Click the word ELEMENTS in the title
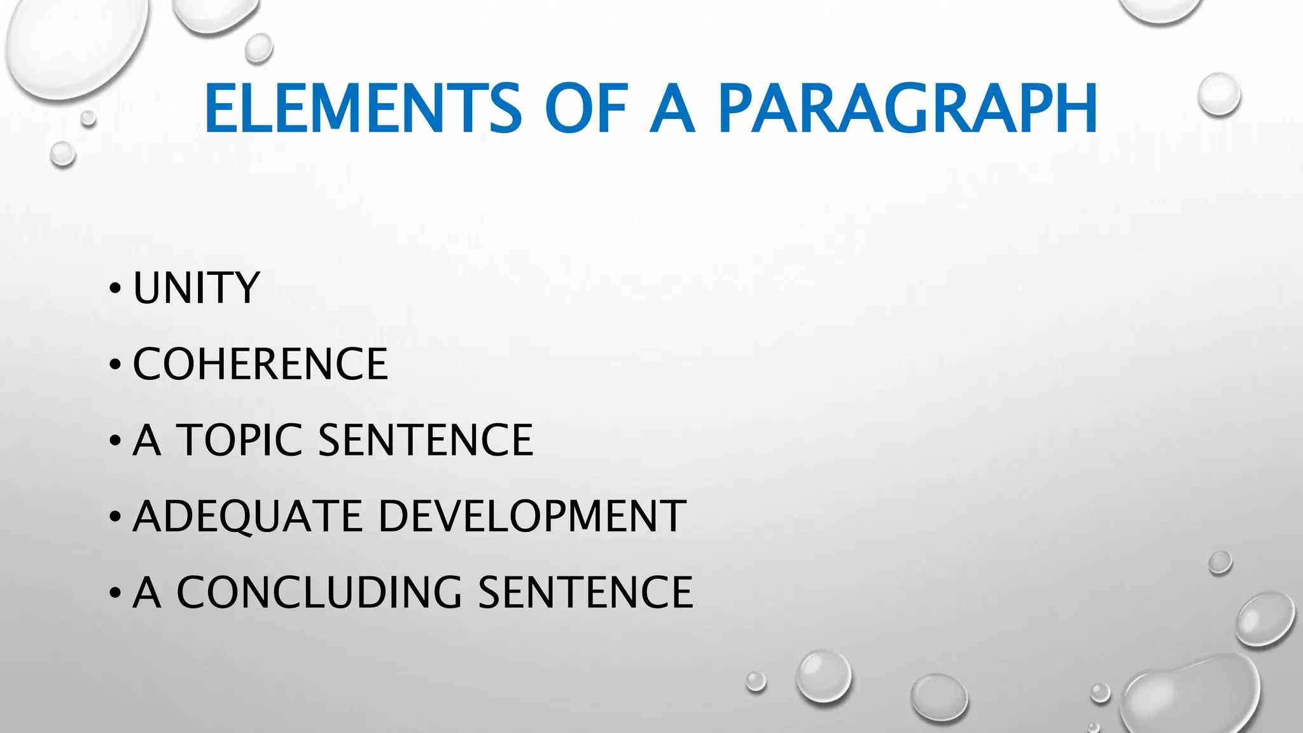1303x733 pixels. tap(363, 109)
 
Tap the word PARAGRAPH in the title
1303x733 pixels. tap(907, 109)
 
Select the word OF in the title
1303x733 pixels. tap(586, 109)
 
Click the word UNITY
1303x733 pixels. tap(197, 288)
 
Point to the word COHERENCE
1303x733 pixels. tap(260, 364)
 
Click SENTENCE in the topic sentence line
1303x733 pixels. tap(425, 440)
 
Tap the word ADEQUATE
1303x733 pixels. tap(247, 516)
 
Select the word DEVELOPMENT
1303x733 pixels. tap(532, 516)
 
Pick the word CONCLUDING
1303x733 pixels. tap(319, 592)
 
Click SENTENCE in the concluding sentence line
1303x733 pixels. tap(585, 592)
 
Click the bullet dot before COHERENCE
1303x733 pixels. tap(115, 365)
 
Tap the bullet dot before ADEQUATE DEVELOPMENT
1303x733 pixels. tap(115, 517)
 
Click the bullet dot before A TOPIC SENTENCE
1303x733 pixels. tap(115, 441)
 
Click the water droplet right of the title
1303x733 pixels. tap(1219, 94)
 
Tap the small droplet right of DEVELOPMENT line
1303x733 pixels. tap(1220, 562)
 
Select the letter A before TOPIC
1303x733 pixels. tap(146, 440)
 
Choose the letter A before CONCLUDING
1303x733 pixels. tap(146, 592)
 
